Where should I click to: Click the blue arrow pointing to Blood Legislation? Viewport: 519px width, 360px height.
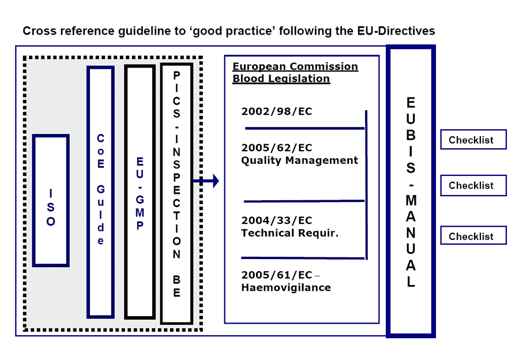(x=206, y=181)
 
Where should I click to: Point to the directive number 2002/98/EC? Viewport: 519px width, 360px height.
(x=277, y=111)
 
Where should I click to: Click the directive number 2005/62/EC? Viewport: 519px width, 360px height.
(x=277, y=148)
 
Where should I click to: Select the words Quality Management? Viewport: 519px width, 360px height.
(x=299, y=160)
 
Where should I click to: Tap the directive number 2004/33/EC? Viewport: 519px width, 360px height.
(x=277, y=220)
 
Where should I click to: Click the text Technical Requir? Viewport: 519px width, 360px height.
(x=290, y=233)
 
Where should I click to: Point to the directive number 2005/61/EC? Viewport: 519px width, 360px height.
(x=277, y=275)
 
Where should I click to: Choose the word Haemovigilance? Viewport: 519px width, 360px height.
(x=286, y=287)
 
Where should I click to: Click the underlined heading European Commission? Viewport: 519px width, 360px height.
(x=295, y=66)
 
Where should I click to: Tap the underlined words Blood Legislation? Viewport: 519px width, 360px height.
(x=281, y=79)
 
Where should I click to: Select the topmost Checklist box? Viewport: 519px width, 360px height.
(x=473, y=140)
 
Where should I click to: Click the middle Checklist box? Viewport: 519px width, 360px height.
(x=473, y=185)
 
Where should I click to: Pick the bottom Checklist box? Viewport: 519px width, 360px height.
(x=473, y=235)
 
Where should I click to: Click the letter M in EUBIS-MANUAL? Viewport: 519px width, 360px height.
(x=411, y=200)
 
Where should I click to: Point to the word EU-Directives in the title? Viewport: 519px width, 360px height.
(x=396, y=31)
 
